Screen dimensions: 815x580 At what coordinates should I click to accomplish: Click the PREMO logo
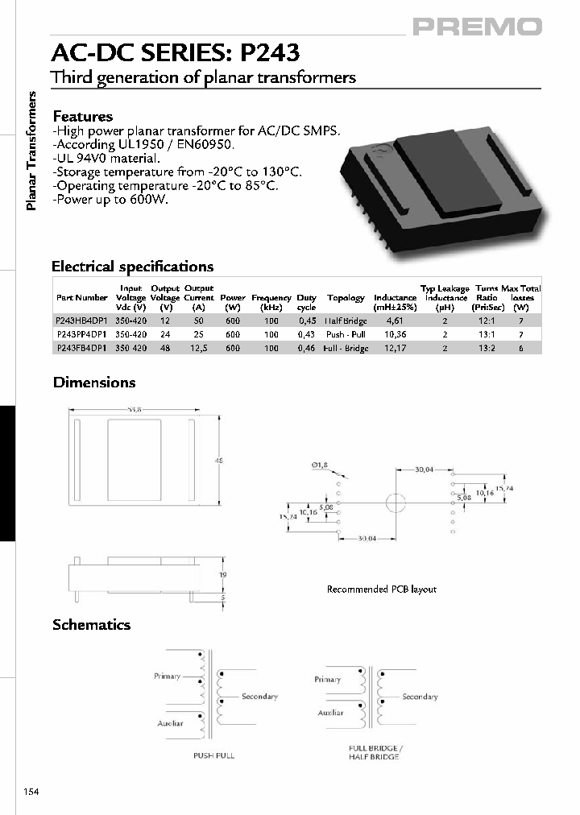[x=478, y=27]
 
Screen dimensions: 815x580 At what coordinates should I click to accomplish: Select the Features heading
[x=82, y=117]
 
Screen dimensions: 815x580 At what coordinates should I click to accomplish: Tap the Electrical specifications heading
[x=132, y=267]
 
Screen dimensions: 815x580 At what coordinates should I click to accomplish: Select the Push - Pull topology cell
[x=346, y=334]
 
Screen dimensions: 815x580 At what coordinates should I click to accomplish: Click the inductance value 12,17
[x=395, y=348]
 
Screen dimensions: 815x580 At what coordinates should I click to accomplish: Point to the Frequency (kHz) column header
[x=271, y=303]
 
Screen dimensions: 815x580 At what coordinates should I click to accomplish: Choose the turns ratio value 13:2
[x=486, y=348]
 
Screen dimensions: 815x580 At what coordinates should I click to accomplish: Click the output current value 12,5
[x=198, y=348]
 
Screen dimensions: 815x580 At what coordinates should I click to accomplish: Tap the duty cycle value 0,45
[x=307, y=321]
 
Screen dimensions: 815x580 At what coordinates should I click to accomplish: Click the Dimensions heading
[x=94, y=383]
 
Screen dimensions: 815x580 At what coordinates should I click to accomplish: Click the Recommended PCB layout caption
[x=381, y=590]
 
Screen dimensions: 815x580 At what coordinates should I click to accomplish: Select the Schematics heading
[x=91, y=625]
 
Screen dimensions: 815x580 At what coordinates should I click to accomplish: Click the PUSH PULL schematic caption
[x=213, y=755]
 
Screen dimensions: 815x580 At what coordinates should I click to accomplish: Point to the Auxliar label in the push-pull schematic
[x=170, y=723]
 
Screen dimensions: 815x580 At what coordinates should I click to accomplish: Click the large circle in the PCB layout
[x=395, y=503]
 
